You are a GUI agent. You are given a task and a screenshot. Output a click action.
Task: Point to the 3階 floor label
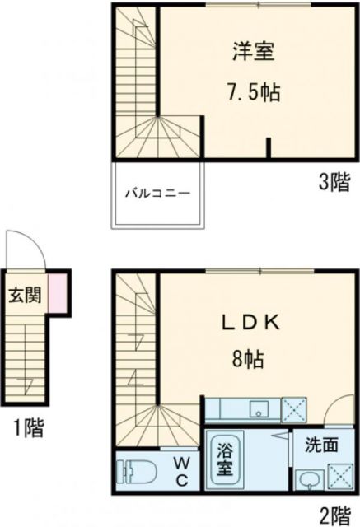point(334,184)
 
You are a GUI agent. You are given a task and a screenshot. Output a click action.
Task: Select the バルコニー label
point(158,194)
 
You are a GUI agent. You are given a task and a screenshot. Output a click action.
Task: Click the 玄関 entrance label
point(23,296)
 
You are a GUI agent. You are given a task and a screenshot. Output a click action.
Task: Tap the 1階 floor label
point(27,427)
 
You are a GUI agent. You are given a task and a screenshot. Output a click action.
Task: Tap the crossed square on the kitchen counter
point(294,409)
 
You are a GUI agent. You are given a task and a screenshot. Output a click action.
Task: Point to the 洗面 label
point(321,445)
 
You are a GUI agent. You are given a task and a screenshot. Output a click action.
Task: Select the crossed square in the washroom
point(339,477)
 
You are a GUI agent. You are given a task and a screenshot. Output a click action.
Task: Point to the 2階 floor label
point(334,515)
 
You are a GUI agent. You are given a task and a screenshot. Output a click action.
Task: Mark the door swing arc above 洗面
point(338,411)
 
